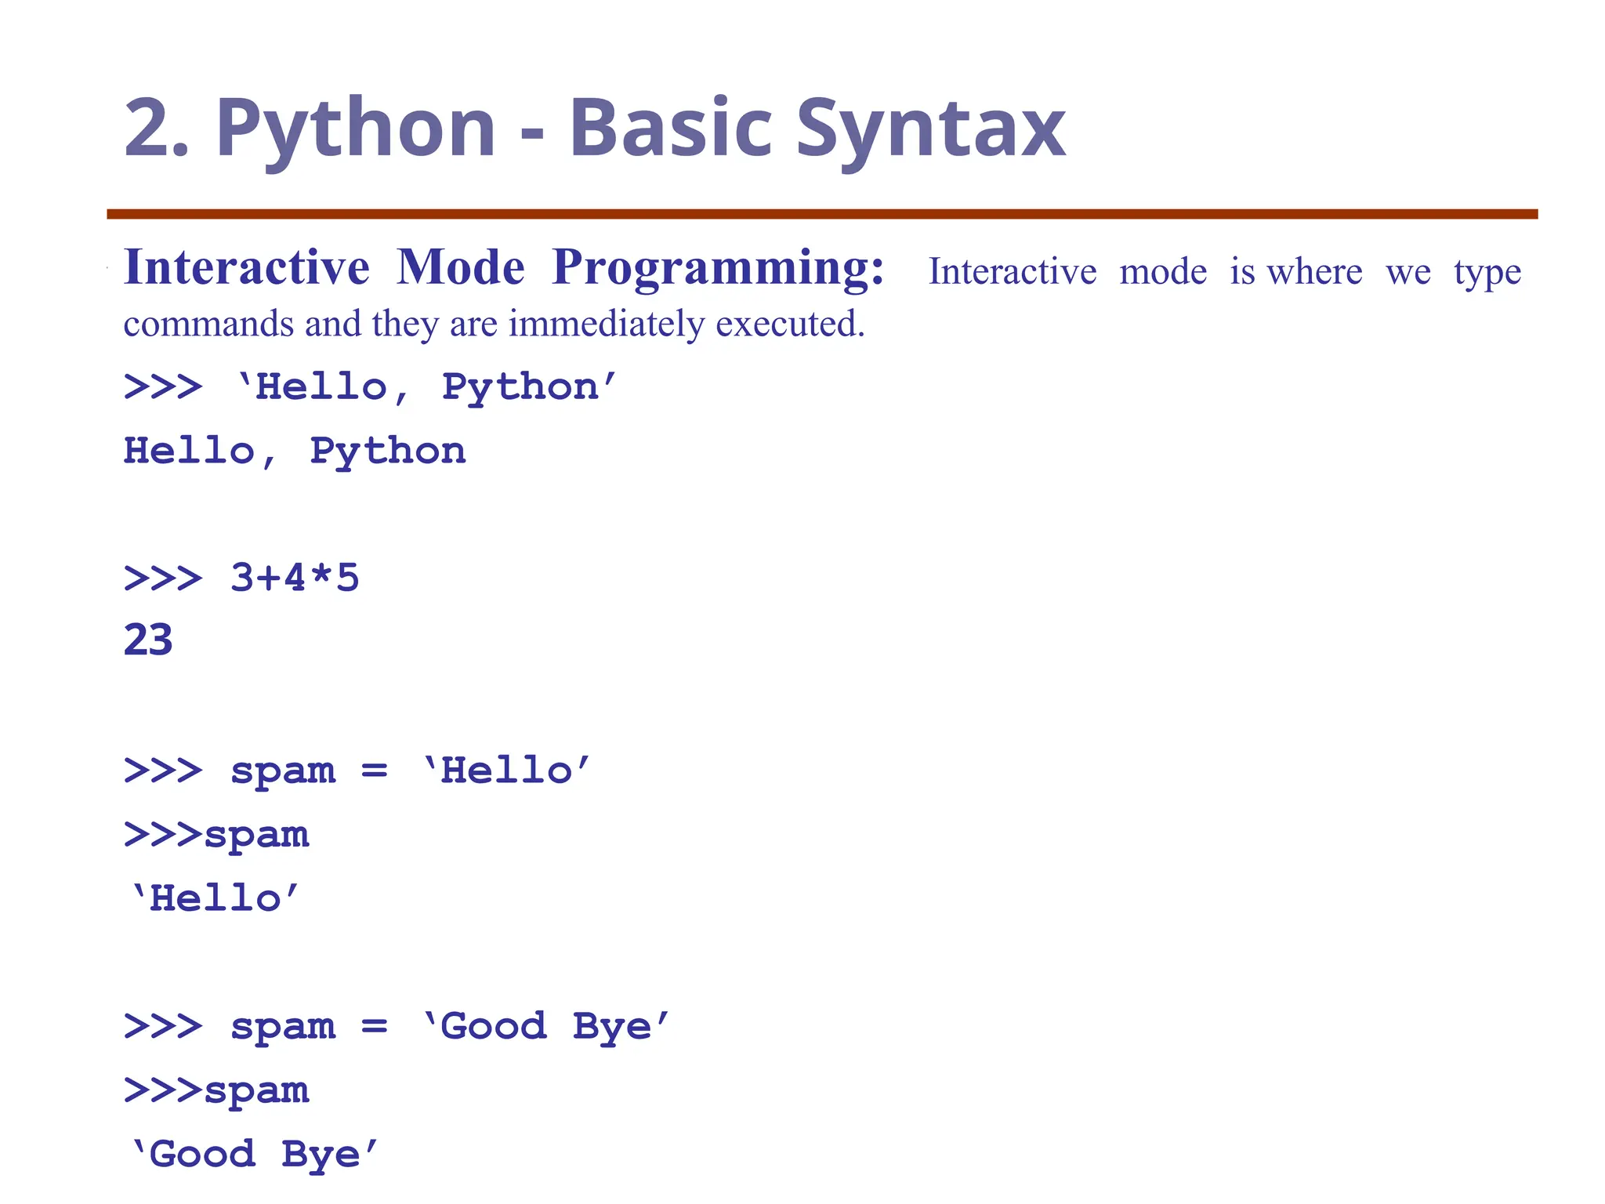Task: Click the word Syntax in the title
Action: point(930,130)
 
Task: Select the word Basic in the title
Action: point(671,129)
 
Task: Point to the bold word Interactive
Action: point(246,268)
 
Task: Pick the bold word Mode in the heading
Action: point(461,268)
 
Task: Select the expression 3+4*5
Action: point(295,578)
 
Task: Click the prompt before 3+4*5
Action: point(163,578)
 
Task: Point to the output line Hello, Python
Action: point(295,451)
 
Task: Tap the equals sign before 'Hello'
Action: point(375,771)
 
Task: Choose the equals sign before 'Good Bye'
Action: point(375,1027)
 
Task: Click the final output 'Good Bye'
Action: point(254,1155)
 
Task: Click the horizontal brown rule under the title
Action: point(822,214)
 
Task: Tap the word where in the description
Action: point(1314,272)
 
